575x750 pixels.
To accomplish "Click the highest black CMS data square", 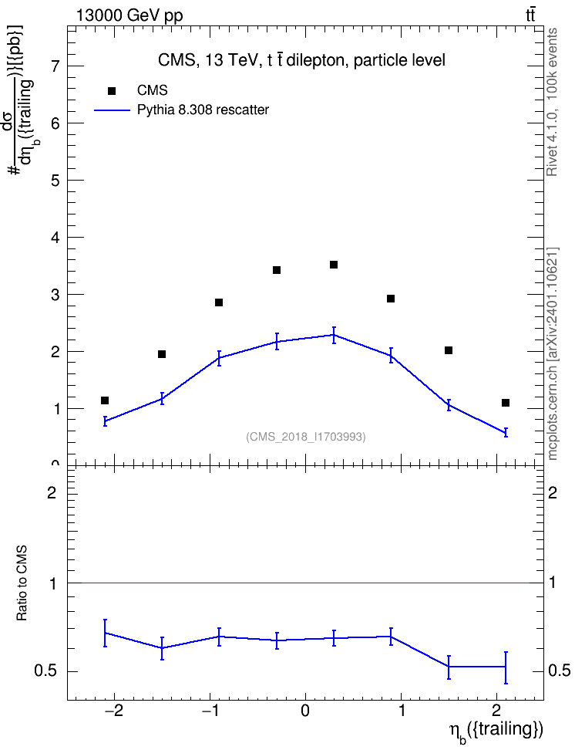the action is tap(334, 265).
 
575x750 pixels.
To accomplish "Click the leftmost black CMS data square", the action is tap(105, 400).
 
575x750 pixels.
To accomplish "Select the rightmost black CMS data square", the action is tap(506, 403).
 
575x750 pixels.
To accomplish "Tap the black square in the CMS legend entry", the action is tap(112, 91).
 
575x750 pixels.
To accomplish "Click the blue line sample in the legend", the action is tap(112, 110).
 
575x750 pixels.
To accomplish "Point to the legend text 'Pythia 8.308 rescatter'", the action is tap(203, 110).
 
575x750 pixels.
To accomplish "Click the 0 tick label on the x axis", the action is tap(305, 711).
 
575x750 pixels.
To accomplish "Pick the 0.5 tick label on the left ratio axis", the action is tap(45, 671).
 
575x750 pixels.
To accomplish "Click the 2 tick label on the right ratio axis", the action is tap(553, 492).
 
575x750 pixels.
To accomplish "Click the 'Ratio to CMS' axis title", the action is tap(22, 583).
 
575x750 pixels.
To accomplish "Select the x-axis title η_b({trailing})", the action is tap(496, 731).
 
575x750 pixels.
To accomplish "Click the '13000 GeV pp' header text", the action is tap(129, 15).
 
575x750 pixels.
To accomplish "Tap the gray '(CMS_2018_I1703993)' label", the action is tap(306, 437).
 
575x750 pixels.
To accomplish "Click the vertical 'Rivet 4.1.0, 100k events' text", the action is tap(553, 102).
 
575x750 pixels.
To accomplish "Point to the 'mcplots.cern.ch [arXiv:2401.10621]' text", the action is tap(553, 354).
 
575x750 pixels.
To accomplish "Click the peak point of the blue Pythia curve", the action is tap(334, 335).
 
